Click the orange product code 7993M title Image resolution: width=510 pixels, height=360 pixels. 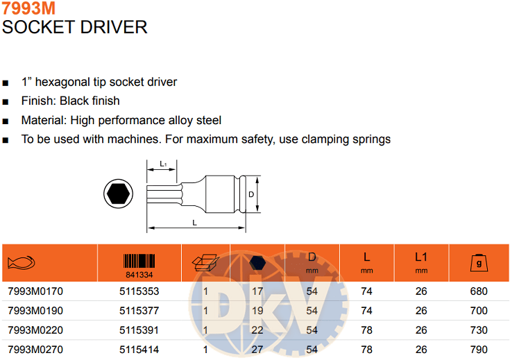28,8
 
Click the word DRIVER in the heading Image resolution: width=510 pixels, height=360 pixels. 114,27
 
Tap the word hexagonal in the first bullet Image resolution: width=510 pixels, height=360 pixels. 62,83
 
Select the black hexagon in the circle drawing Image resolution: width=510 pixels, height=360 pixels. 119,194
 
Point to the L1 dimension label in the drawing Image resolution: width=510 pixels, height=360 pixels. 163,164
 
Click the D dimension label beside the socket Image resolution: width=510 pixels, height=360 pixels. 251,194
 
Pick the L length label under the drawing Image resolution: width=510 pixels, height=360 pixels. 194,223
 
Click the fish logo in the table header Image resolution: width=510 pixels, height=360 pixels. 21,263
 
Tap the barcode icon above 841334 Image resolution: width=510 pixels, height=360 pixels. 139,261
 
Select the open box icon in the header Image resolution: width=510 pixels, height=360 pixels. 205,262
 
